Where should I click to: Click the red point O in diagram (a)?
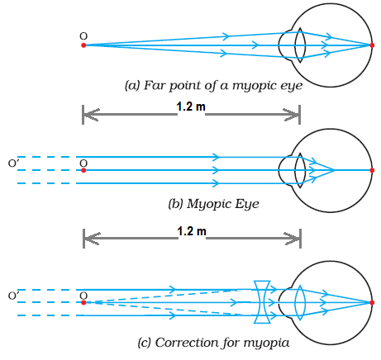click(x=83, y=45)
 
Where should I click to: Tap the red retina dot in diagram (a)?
click(x=372, y=45)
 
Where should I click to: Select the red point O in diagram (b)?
click(x=83, y=170)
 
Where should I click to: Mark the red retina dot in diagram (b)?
click(x=372, y=170)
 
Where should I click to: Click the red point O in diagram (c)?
click(x=83, y=303)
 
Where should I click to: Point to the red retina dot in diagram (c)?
click(x=372, y=303)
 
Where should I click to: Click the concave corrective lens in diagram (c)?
click(x=262, y=302)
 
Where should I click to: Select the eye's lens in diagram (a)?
click(x=300, y=45)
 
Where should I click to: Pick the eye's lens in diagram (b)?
click(x=300, y=170)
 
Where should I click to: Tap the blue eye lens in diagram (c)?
click(x=300, y=303)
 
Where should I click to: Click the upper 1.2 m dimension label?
click(x=191, y=107)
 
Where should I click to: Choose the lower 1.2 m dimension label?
click(x=192, y=231)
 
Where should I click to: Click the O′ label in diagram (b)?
click(x=13, y=163)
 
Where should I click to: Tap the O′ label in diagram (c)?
click(x=13, y=296)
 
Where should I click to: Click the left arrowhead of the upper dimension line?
click(x=91, y=115)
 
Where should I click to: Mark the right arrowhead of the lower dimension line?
click(x=293, y=239)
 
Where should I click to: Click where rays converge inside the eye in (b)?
click(x=335, y=170)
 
